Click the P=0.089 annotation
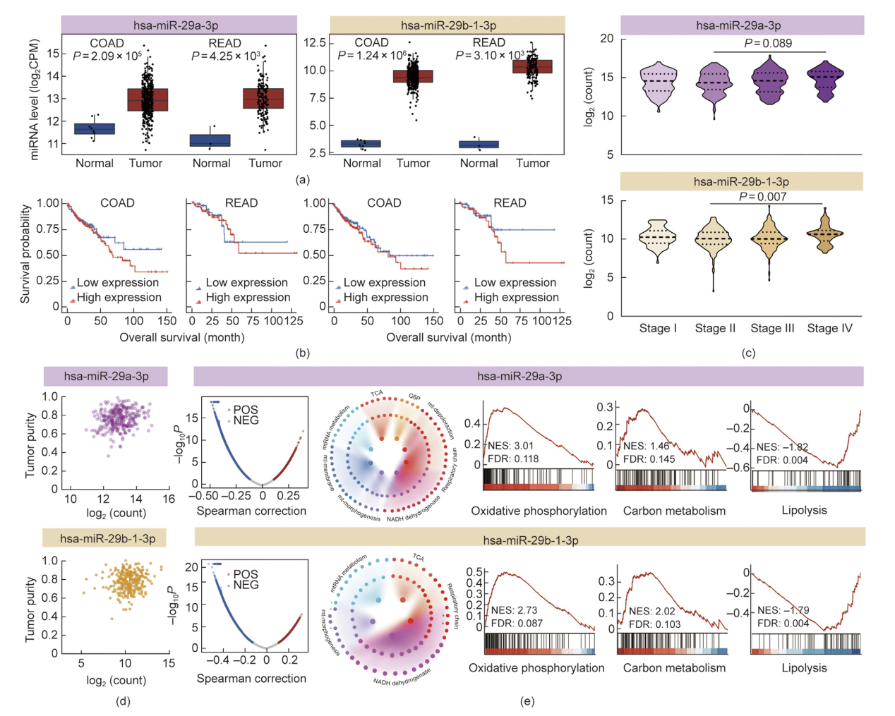click(768, 44)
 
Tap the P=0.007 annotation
click(762, 197)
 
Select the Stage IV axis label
click(829, 328)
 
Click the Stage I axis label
click(658, 328)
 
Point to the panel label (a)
click(303, 180)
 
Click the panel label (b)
click(303, 353)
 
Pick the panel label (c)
click(748, 353)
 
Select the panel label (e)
click(527, 701)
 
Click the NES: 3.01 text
click(510, 446)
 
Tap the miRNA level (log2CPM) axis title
click(35, 99)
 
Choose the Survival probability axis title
click(25, 254)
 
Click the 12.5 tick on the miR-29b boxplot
click(314, 43)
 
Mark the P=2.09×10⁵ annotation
click(107, 56)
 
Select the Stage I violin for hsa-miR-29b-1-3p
click(658, 238)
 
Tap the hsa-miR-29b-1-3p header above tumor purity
click(108, 538)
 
